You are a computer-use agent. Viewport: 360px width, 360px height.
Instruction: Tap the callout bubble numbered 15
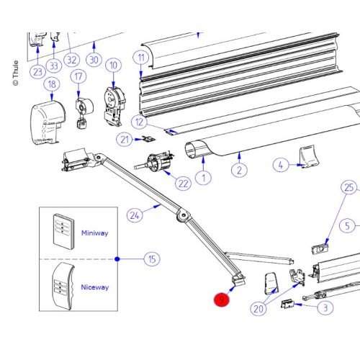[x=151, y=258]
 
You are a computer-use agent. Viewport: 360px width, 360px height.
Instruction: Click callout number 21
[x=125, y=139]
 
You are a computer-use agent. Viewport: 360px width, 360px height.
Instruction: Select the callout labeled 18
[x=51, y=85]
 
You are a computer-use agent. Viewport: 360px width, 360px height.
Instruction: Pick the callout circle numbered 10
[x=112, y=66]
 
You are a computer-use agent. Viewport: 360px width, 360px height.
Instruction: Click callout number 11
[x=142, y=57]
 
